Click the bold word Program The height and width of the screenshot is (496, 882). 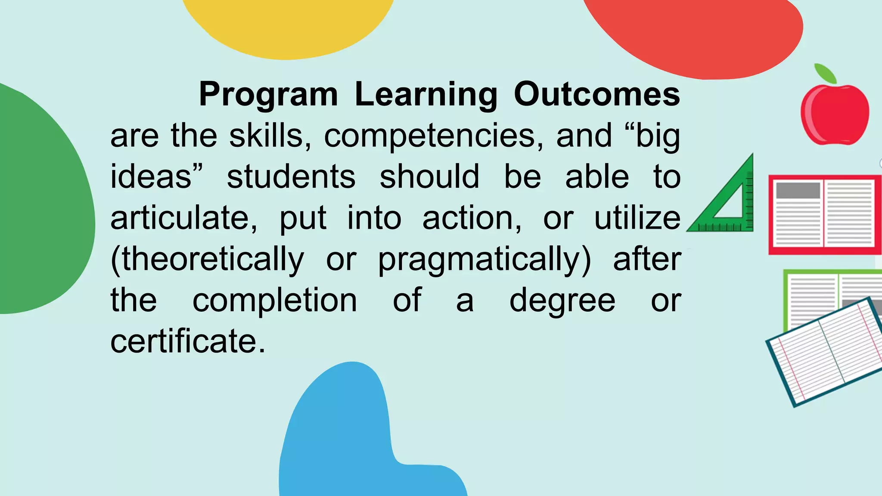(268, 94)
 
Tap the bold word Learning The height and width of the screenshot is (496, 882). (426, 94)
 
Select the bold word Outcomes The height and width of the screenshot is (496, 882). (597, 94)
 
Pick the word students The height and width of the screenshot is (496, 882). (291, 177)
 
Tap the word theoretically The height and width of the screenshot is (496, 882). (207, 260)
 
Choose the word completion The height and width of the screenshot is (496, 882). (274, 300)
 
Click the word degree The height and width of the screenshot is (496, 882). (562, 301)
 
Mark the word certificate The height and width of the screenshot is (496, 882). (188, 341)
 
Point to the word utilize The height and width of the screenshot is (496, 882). (637, 218)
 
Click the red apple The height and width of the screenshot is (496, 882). (835, 115)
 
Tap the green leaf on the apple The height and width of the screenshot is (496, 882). (825, 73)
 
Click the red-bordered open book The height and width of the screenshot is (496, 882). (824, 214)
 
